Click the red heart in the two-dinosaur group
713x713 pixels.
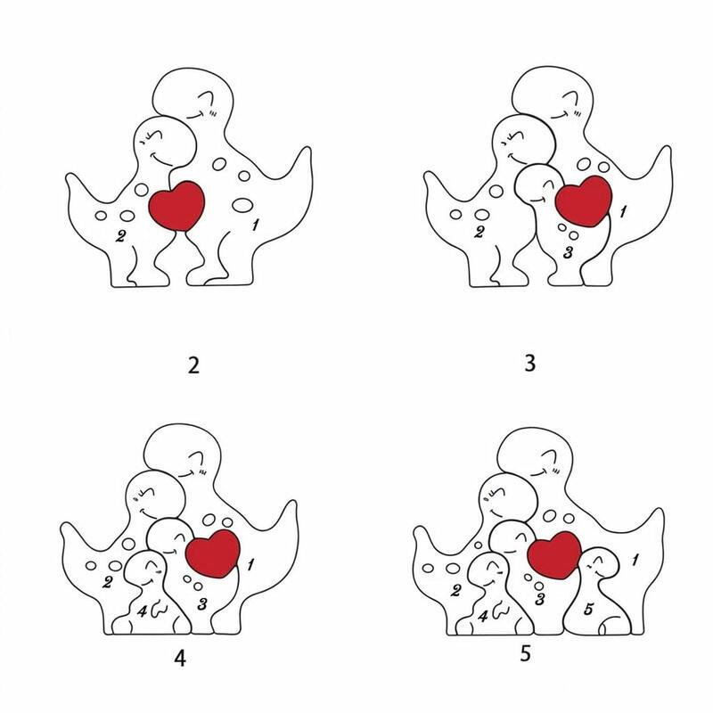click(x=177, y=206)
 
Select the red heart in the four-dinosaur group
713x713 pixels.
click(x=213, y=553)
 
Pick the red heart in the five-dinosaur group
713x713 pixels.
click(x=554, y=556)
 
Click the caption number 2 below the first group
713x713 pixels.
click(x=193, y=365)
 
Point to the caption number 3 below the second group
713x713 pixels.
click(x=529, y=364)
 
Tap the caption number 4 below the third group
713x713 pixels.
click(x=181, y=658)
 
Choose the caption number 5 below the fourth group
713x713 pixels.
click(x=526, y=653)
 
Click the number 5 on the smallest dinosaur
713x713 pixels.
click(x=588, y=609)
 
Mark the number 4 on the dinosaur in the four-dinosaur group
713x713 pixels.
click(x=143, y=611)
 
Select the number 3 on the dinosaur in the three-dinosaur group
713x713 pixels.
click(x=568, y=252)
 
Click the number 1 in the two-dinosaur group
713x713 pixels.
click(x=255, y=225)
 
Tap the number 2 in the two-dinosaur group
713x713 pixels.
click(x=120, y=236)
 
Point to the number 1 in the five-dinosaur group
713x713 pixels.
click(x=635, y=561)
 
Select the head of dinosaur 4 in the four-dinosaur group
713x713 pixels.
click(x=145, y=569)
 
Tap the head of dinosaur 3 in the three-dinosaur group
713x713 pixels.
click(x=538, y=185)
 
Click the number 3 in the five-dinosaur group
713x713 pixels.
click(x=540, y=599)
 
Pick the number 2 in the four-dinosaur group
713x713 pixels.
click(x=107, y=582)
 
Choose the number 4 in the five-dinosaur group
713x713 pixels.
click(x=482, y=617)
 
